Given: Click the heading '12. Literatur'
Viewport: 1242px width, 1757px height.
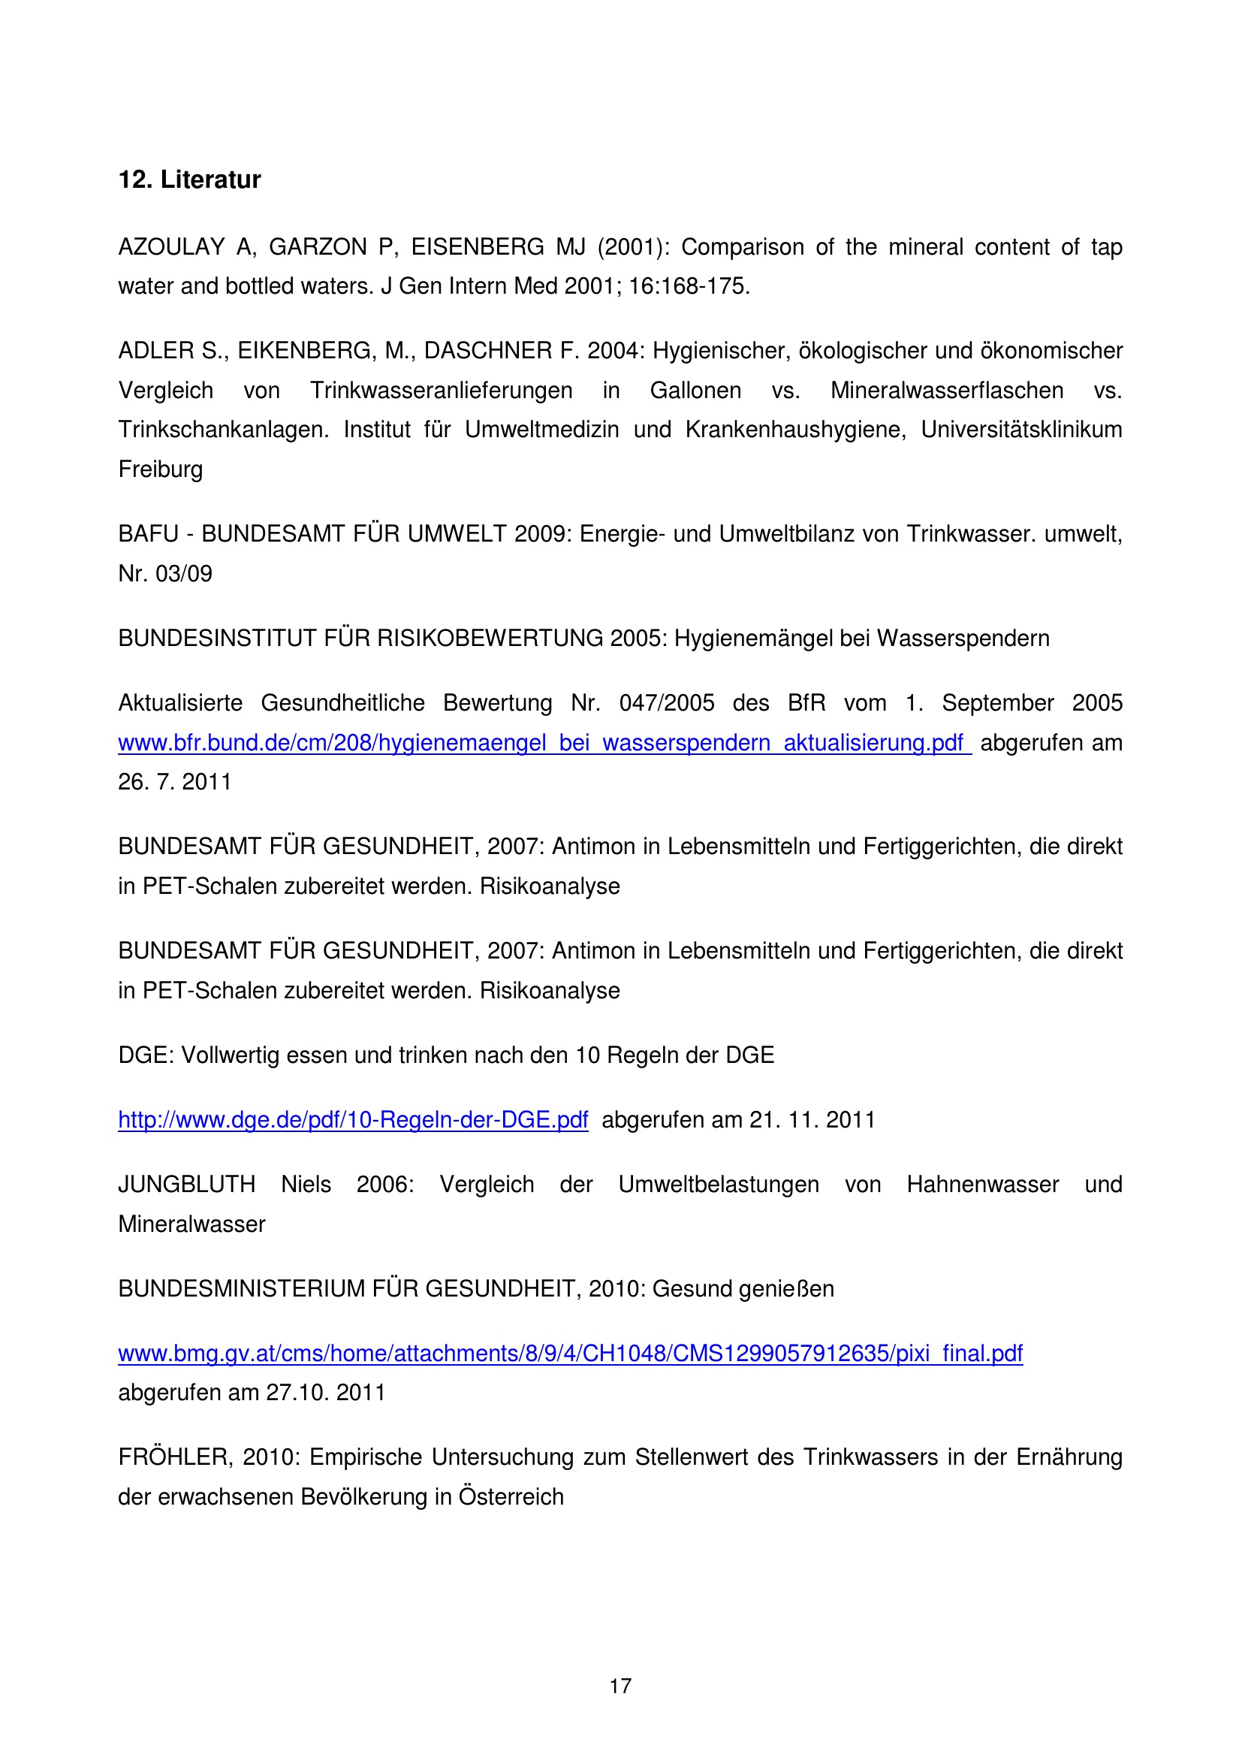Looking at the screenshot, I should [x=190, y=180].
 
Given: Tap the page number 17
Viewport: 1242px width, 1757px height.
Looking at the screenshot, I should [x=620, y=1686].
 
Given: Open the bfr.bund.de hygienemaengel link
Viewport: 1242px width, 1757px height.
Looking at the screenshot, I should [x=544, y=743].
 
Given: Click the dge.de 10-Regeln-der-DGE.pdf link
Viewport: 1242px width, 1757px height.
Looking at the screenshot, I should [x=353, y=1120].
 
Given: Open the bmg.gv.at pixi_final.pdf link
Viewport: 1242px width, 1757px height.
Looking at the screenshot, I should [x=570, y=1354].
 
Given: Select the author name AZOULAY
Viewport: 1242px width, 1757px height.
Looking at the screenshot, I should [x=171, y=247].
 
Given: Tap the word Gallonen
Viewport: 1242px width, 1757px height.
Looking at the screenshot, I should [x=695, y=391].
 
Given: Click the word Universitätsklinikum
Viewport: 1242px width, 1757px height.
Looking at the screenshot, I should [x=1021, y=430].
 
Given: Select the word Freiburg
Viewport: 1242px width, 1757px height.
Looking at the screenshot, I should [x=161, y=469].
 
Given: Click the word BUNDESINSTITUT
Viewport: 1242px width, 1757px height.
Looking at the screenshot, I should [x=217, y=638].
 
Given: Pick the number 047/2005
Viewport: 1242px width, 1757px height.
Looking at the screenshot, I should [x=666, y=703].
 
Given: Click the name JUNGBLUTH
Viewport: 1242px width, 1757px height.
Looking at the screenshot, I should [x=187, y=1185].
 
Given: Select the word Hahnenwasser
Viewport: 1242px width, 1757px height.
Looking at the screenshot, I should [x=982, y=1185].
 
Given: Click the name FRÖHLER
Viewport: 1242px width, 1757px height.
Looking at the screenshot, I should [x=173, y=1457].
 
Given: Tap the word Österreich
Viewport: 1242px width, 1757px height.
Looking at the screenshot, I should [x=511, y=1497].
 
